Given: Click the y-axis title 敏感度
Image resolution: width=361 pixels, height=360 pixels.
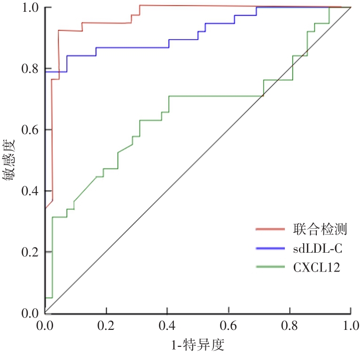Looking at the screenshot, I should click(x=10, y=160).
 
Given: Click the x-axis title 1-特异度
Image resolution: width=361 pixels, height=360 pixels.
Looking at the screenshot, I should click(x=197, y=345).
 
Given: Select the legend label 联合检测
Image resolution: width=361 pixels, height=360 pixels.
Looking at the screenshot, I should click(x=320, y=229).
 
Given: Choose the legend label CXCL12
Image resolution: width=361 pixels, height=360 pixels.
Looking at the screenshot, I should click(x=316, y=267).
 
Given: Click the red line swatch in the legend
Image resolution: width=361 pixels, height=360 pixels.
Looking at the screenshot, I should click(x=271, y=229).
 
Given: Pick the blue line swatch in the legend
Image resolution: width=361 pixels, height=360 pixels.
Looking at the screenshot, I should click(x=271, y=248).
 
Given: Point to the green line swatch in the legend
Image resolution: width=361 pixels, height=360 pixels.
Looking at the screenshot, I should click(x=271, y=267).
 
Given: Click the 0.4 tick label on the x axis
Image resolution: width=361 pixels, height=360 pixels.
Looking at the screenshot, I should click(x=167, y=326).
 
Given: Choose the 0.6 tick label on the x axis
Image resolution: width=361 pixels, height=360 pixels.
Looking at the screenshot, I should click(x=228, y=326).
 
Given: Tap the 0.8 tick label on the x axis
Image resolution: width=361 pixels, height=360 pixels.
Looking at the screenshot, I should click(x=290, y=326).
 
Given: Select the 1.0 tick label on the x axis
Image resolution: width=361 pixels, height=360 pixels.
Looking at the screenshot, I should click(x=351, y=326).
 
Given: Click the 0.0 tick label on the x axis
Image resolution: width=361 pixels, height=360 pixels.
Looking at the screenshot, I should click(x=45, y=326).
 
